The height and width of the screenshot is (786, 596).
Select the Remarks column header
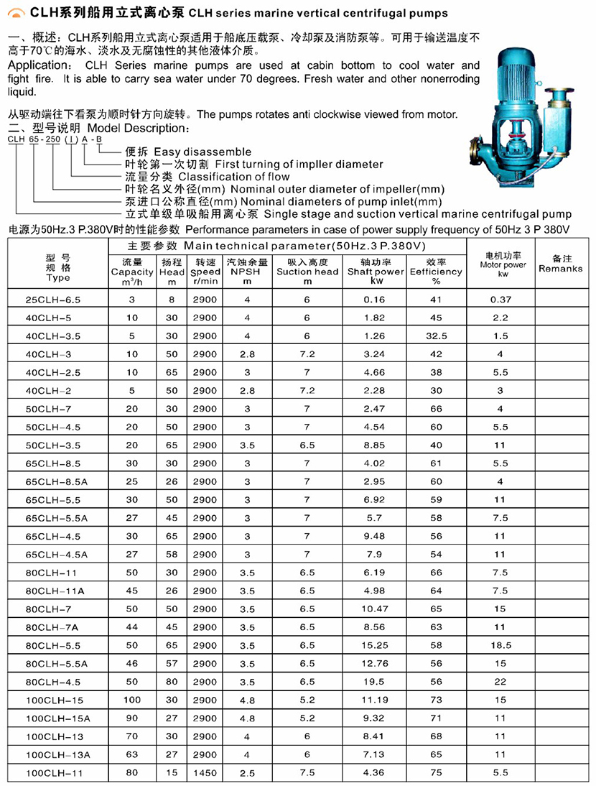pos(561,264)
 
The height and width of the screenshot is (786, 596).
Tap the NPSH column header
pos(247,272)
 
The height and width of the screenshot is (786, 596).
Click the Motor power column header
pos(503,264)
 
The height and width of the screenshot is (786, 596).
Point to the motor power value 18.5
pos(500,645)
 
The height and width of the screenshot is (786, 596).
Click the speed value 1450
pos(204,772)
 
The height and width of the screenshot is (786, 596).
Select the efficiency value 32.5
pos(436,336)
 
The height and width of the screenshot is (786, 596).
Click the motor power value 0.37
pos(500,299)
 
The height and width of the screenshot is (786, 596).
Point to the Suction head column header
pos(307,272)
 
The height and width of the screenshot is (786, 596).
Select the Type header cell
pos(57,267)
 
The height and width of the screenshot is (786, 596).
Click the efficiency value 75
pos(436,772)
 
